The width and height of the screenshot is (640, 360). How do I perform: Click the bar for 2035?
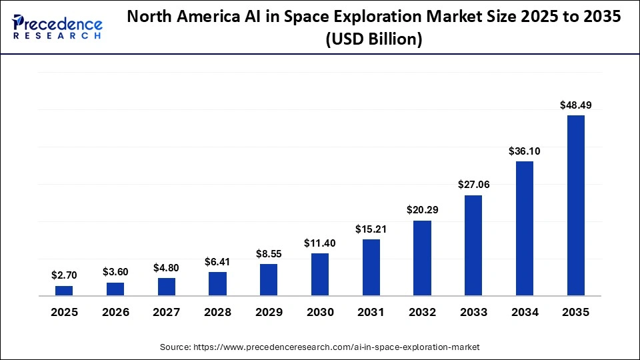(x=575, y=205)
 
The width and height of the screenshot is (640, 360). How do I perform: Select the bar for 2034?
(x=525, y=228)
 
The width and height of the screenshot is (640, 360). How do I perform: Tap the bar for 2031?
(x=371, y=267)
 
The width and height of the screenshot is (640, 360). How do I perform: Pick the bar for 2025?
(x=64, y=290)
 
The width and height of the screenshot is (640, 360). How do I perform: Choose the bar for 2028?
(x=217, y=283)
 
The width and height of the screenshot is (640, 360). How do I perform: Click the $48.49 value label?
(x=575, y=105)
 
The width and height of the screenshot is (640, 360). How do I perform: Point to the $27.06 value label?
(x=473, y=185)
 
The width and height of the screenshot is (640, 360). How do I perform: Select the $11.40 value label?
(x=320, y=243)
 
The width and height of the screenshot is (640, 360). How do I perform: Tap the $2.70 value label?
(x=64, y=275)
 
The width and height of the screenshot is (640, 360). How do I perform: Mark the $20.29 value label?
(x=422, y=210)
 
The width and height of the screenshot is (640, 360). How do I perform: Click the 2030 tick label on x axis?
(x=320, y=312)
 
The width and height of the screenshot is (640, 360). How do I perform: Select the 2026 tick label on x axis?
(x=115, y=312)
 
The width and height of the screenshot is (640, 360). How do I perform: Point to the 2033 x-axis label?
(x=473, y=312)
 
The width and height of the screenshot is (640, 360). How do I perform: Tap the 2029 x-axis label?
(x=269, y=312)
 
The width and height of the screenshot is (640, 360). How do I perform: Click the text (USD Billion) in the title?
(x=373, y=40)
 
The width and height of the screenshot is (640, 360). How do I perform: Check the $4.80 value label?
(x=167, y=267)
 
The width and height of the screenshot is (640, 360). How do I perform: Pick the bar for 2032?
(x=422, y=258)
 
